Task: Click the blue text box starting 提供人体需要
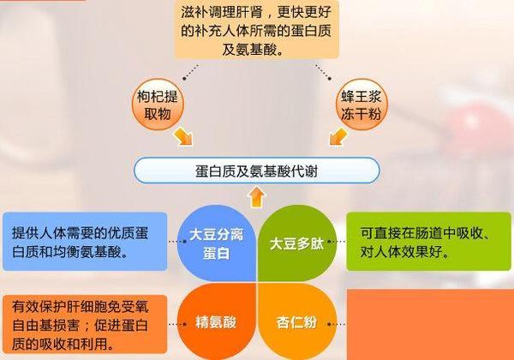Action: pos(84,241)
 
